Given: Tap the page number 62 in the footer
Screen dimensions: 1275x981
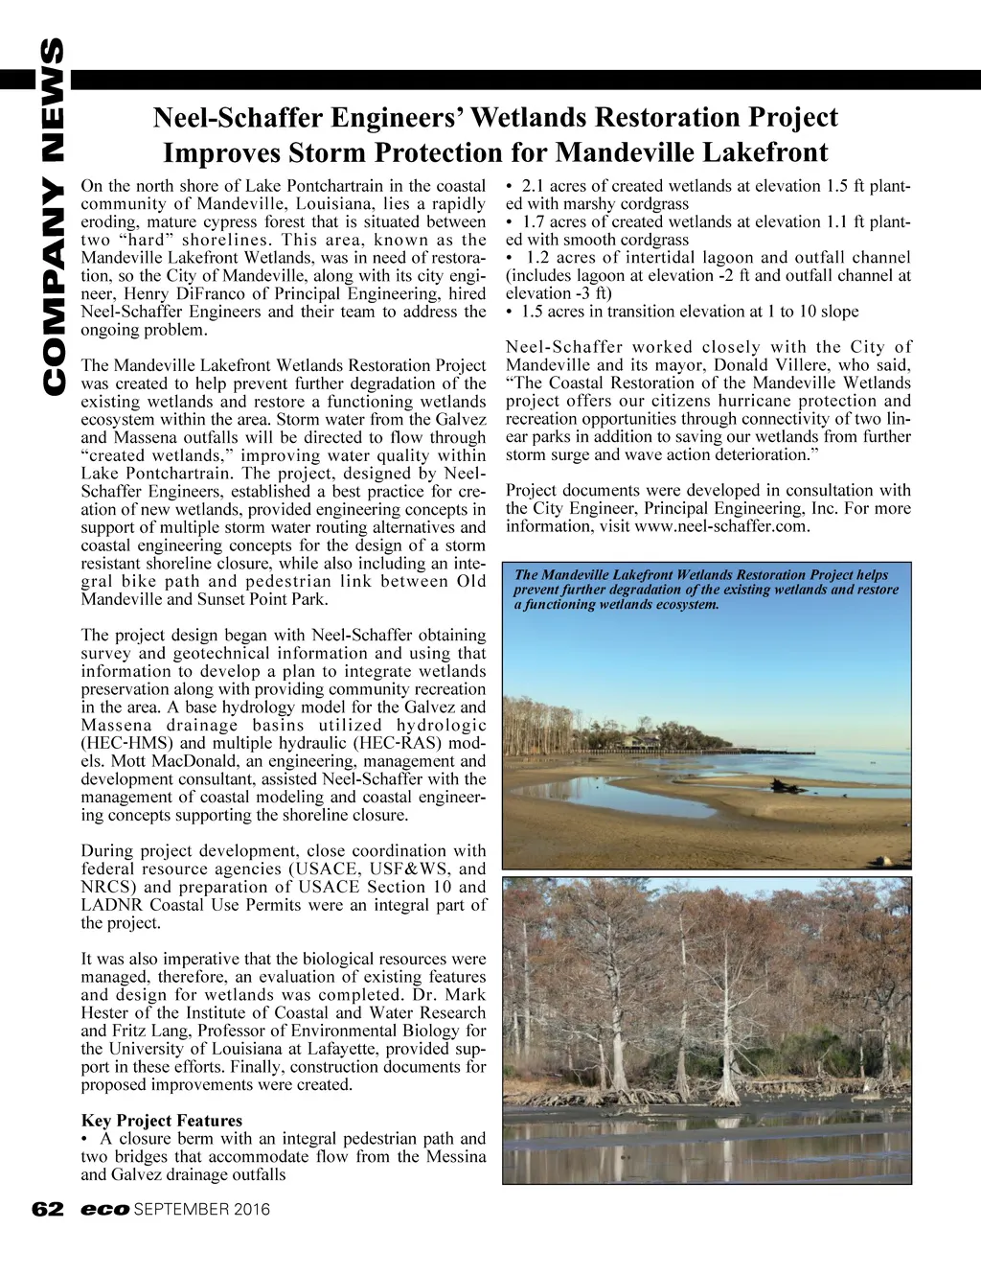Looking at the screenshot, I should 46,1210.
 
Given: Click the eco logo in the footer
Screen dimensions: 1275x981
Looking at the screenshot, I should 104,1210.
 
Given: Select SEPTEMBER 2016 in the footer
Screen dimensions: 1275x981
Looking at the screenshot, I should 202,1210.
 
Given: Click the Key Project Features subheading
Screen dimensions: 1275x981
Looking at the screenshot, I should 162,1121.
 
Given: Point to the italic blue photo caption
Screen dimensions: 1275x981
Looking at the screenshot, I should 706,590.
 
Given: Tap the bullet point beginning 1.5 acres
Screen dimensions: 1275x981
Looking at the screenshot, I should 682,312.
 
